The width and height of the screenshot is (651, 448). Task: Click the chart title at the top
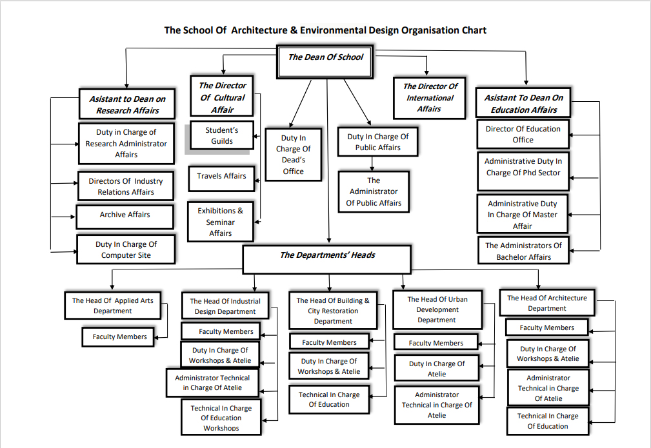click(x=325, y=30)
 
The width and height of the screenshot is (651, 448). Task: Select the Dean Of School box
click(x=325, y=57)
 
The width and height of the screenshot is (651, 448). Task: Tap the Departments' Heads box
click(x=327, y=255)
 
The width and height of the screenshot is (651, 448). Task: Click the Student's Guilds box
click(x=222, y=136)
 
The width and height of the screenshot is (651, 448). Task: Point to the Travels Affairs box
click(x=221, y=176)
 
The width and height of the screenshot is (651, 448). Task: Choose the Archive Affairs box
click(x=125, y=215)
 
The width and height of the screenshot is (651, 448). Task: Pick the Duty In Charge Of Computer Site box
click(x=126, y=249)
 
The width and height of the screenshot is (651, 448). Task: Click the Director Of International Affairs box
click(x=430, y=98)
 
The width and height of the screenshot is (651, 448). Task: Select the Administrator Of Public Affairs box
click(x=374, y=192)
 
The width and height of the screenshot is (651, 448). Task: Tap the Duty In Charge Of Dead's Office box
click(x=293, y=155)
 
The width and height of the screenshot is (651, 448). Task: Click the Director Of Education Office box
click(x=523, y=134)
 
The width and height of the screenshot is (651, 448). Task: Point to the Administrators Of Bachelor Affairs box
click(x=523, y=251)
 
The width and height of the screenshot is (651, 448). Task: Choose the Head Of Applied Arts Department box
click(x=112, y=306)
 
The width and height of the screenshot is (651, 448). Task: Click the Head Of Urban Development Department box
click(x=436, y=309)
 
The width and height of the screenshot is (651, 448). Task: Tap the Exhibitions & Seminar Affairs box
click(x=221, y=221)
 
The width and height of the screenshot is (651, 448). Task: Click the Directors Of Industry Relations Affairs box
click(x=126, y=186)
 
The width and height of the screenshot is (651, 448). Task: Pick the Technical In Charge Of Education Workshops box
click(x=221, y=418)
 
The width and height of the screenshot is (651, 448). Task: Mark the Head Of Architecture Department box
click(x=546, y=303)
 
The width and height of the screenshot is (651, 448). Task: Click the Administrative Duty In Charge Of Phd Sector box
click(x=523, y=167)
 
